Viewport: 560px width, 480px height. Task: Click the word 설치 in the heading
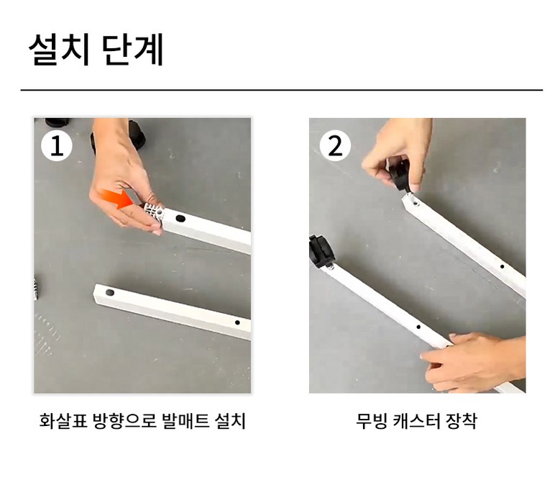[58, 50]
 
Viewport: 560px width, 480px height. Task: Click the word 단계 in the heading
[133, 50]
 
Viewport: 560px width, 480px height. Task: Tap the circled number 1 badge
[56, 145]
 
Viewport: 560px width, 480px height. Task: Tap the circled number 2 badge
[335, 145]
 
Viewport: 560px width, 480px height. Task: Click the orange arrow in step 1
[116, 199]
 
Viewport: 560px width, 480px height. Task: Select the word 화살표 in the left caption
[63, 421]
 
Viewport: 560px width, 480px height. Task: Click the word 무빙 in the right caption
[372, 421]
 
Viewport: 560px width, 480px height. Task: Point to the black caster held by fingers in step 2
[400, 173]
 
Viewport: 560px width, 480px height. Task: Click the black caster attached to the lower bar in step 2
[321, 251]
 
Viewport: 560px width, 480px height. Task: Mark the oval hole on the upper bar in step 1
[180, 218]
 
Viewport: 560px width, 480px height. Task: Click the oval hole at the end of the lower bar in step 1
[110, 293]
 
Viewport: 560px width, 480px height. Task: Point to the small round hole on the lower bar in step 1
[237, 322]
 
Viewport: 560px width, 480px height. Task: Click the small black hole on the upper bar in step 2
[502, 267]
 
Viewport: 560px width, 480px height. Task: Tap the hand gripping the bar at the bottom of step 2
[473, 362]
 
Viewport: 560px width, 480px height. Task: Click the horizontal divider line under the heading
[281, 90]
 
